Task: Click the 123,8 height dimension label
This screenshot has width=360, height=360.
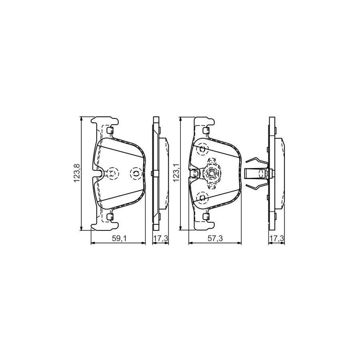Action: click(76, 173)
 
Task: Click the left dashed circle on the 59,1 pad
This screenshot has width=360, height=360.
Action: click(114, 173)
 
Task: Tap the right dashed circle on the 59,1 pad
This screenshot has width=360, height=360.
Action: click(136, 173)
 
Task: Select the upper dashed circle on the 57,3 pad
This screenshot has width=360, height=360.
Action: click(202, 149)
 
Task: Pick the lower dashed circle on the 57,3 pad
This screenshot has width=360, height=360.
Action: click(202, 198)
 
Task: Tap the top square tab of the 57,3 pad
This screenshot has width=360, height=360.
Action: click(206, 130)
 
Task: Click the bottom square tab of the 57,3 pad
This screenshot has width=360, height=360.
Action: click(206, 216)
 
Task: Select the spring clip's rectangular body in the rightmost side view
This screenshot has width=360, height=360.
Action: click(253, 173)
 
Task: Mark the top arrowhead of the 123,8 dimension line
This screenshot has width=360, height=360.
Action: click(82, 118)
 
